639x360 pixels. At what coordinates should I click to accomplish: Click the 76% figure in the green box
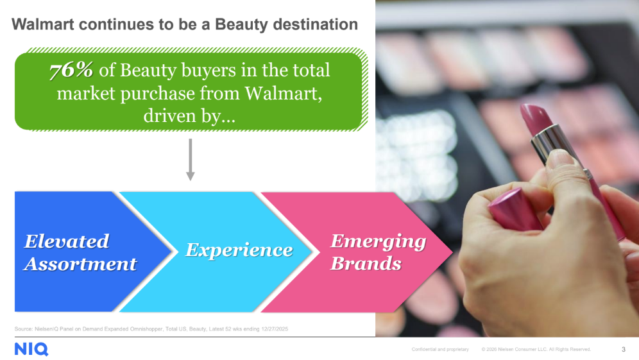(x=72, y=71)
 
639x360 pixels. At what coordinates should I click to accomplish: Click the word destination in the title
(x=315, y=25)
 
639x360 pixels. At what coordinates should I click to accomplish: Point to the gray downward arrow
(x=190, y=160)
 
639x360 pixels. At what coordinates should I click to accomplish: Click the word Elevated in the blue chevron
(x=67, y=241)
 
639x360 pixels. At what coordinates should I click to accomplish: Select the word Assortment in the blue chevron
(x=80, y=264)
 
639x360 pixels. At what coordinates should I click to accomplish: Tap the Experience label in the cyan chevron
(x=239, y=250)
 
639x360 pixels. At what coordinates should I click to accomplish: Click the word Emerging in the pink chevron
(x=378, y=241)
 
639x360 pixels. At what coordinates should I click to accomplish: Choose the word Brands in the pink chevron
(x=366, y=264)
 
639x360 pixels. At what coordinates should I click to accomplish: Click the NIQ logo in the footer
(x=31, y=349)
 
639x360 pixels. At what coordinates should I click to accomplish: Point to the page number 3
(x=624, y=349)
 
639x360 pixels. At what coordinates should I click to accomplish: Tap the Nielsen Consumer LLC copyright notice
(x=536, y=349)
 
